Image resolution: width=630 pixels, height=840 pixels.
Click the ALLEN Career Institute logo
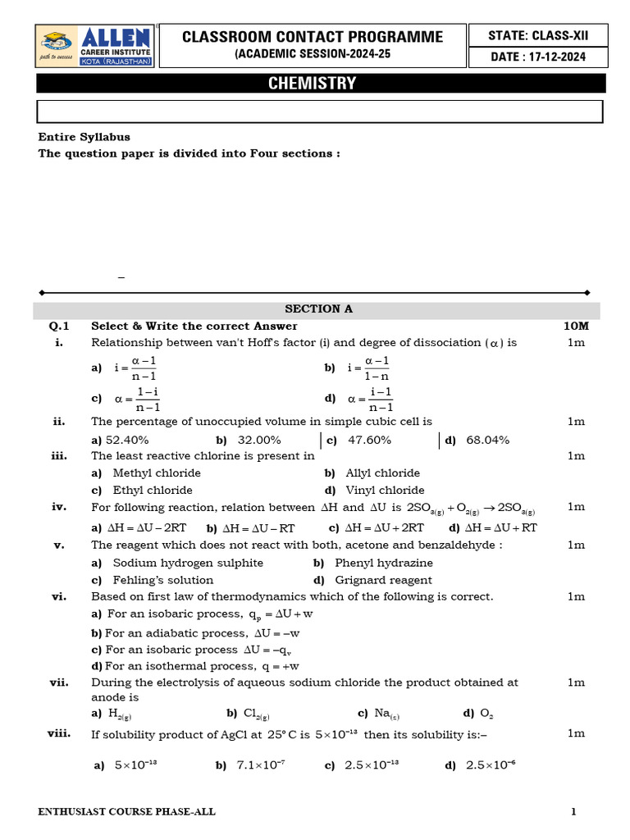(x=94, y=47)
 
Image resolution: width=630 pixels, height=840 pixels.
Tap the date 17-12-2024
(x=537, y=57)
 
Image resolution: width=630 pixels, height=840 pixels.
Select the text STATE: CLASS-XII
(x=537, y=35)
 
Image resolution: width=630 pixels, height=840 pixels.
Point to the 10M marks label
(x=576, y=326)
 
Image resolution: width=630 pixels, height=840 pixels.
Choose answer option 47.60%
(x=369, y=440)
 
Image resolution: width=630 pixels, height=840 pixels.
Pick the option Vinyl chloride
(x=385, y=490)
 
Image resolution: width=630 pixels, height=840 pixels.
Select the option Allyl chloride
(x=382, y=472)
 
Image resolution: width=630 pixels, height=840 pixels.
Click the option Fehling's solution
(x=157, y=580)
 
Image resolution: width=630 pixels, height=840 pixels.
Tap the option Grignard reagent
(x=383, y=580)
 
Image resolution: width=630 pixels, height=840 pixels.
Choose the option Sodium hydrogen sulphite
(x=188, y=563)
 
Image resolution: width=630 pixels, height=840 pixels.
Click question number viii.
(x=58, y=733)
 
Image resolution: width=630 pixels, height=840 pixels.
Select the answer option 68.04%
(x=487, y=440)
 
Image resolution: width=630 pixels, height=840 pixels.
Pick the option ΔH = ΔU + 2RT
(x=384, y=527)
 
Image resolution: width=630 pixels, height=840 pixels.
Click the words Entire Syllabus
(x=84, y=137)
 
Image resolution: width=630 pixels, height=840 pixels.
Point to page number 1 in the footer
(x=574, y=812)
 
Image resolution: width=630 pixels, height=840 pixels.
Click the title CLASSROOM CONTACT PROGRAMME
(x=313, y=37)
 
